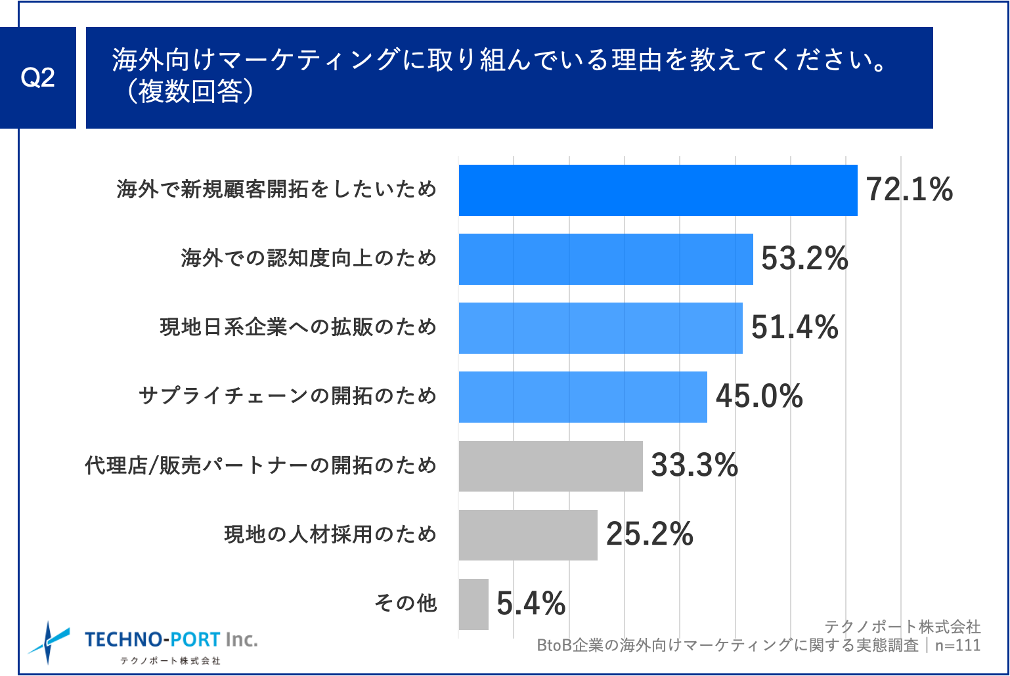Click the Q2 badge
(37, 77)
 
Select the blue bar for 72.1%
(657, 190)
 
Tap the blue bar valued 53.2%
(605, 259)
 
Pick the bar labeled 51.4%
(600, 328)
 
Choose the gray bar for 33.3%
(550, 466)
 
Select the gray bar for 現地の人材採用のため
(528, 535)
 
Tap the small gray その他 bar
(473, 604)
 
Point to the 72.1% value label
(910, 190)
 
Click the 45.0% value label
(759, 396)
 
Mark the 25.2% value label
(649, 534)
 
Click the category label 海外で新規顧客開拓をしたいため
(276, 190)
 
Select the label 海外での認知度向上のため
(309, 259)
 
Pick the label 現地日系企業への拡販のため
(298, 327)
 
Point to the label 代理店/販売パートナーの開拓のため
(261, 465)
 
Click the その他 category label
(405, 603)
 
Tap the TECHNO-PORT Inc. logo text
(171, 640)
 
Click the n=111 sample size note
(957, 646)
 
